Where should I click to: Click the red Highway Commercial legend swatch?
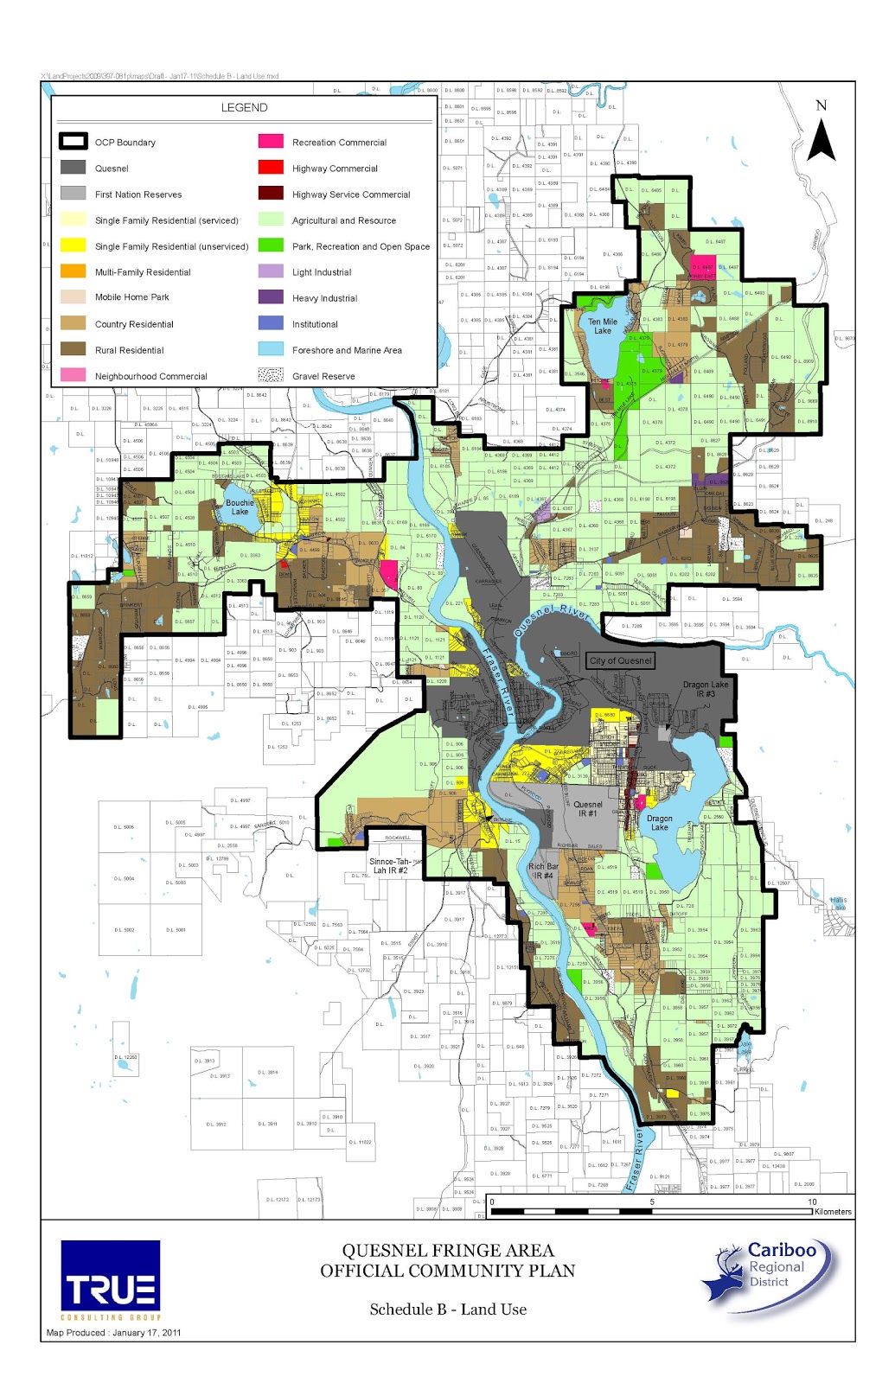(x=271, y=168)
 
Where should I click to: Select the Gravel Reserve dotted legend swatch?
(x=271, y=375)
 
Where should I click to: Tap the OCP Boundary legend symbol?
(x=74, y=142)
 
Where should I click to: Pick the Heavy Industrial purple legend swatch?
(x=271, y=297)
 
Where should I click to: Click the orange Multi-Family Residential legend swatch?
(x=74, y=271)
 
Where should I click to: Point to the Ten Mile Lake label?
(x=603, y=326)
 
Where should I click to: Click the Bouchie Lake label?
(x=240, y=507)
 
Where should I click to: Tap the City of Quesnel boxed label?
(x=620, y=660)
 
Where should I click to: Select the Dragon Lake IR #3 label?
(x=706, y=689)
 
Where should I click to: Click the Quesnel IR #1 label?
(x=588, y=808)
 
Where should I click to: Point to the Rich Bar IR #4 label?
(x=543, y=870)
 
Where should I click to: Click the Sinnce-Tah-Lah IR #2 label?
(x=391, y=865)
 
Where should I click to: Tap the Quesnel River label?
(x=551, y=621)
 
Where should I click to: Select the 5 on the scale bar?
(x=652, y=1201)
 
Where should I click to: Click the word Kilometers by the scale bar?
(x=832, y=1212)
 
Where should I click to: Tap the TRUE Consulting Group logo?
(x=111, y=1279)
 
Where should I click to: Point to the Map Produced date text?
(x=114, y=1332)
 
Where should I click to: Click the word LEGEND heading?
(x=245, y=107)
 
